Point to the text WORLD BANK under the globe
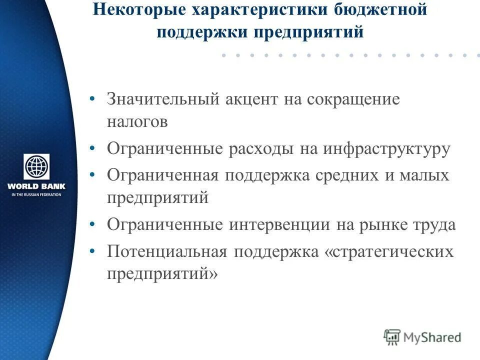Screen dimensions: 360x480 click(36, 186)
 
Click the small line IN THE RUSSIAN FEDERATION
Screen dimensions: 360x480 click(36, 194)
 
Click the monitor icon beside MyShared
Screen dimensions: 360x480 click(392, 336)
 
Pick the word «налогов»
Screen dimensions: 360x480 click(137, 122)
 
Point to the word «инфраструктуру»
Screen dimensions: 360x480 click(386, 149)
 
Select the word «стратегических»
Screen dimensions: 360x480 click(389, 251)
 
